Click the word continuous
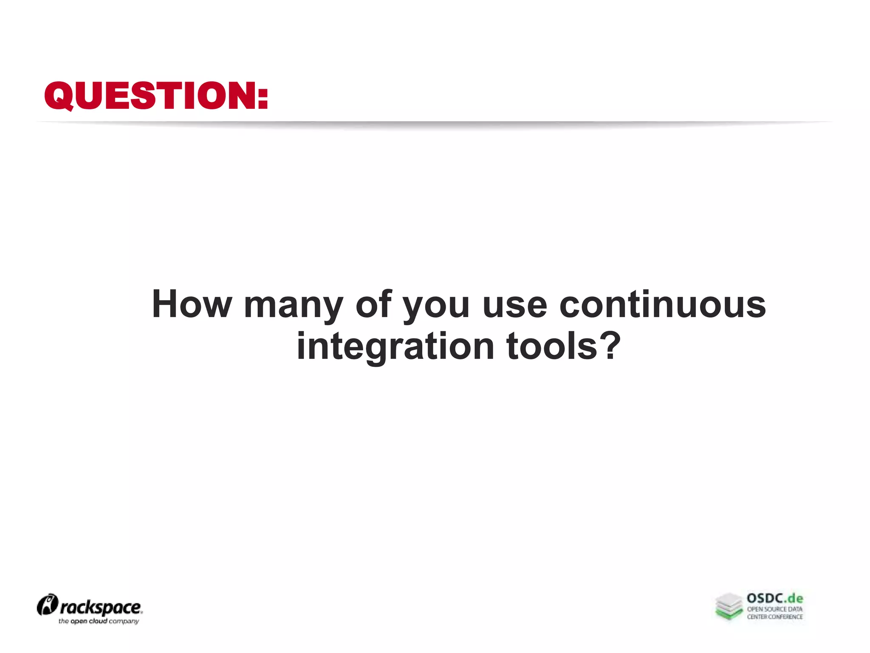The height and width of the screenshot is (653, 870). click(662, 304)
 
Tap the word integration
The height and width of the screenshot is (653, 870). click(395, 346)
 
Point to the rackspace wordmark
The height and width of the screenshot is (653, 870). click(101, 608)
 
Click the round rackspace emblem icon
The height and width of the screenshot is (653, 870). click(47, 605)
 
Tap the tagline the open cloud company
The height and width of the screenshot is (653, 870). click(99, 622)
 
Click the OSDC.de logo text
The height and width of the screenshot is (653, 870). click(774, 599)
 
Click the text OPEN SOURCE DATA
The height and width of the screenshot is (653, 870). click(775, 609)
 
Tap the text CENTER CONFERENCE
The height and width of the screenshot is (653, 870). click(775, 617)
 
